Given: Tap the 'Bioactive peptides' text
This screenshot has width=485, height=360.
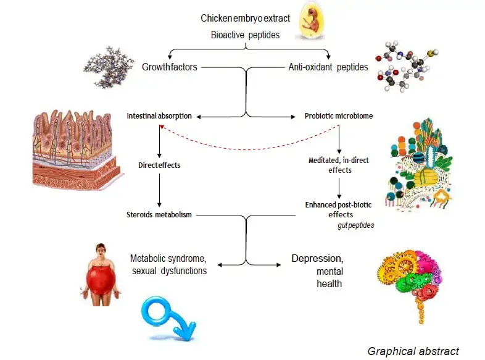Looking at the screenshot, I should point(245,35).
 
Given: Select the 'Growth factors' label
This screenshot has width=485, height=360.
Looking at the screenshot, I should point(170,66).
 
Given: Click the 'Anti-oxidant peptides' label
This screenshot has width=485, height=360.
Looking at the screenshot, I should point(329,66).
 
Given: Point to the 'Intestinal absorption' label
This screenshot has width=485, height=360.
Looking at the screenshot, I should point(159,115).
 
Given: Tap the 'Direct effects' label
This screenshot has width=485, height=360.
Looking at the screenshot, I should point(159,165).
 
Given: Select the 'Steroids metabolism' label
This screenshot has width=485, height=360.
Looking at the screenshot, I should point(159,214).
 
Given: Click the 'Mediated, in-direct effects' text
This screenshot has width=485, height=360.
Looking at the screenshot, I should point(339,165).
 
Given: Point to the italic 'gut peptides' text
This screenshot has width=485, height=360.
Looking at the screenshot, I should point(355,226).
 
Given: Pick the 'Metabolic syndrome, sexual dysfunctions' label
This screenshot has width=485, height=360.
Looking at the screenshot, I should point(168,264).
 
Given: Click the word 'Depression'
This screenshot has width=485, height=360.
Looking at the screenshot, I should point(317,258).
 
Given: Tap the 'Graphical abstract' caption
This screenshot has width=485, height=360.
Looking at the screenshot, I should point(413,351).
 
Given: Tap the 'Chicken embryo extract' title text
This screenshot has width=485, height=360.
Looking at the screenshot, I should point(245,19).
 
